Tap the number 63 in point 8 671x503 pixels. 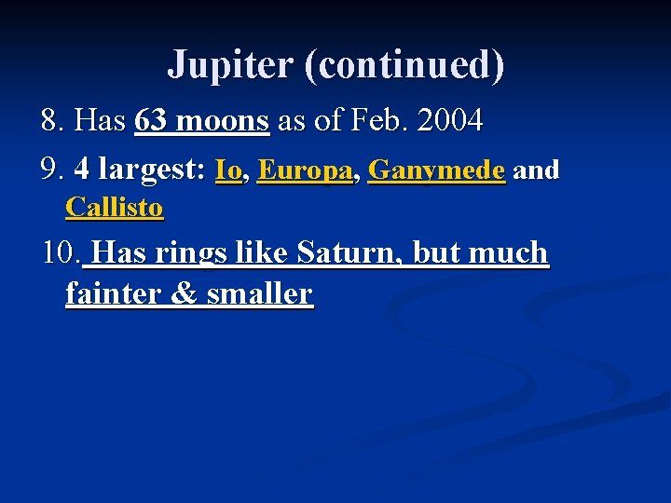pos(153,120)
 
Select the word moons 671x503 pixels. pos(223,120)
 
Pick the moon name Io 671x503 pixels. pos(228,170)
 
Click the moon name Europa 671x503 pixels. pos(305,170)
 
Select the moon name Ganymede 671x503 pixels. pos(436,170)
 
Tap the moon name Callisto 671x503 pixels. pos(114,207)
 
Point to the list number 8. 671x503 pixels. pos(52,120)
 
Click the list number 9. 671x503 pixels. pos(52,170)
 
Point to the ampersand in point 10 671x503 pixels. pos(185,293)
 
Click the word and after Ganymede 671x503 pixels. pos(536,170)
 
